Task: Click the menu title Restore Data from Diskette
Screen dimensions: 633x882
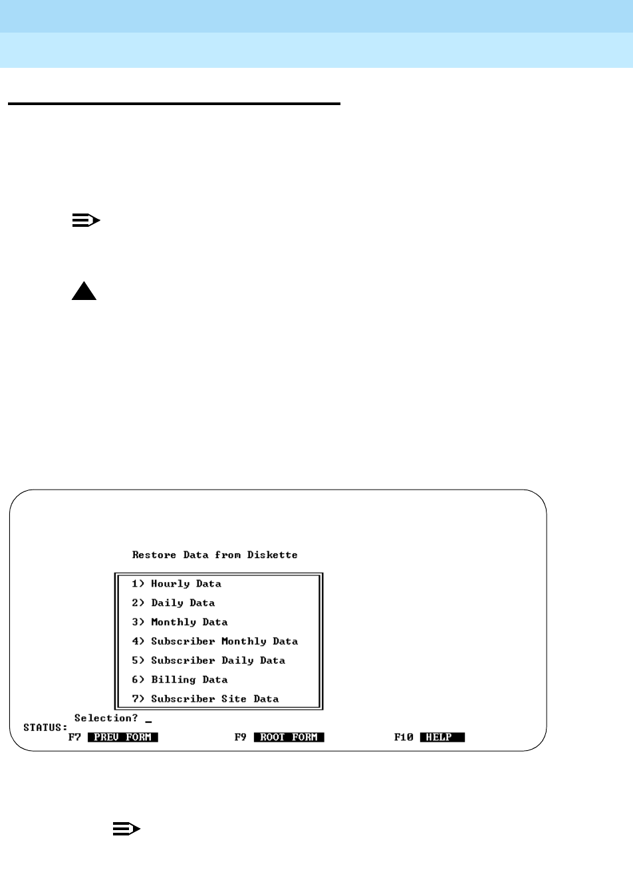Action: pyautogui.click(x=215, y=555)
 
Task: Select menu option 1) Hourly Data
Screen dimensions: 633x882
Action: pyautogui.click(x=176, y=584)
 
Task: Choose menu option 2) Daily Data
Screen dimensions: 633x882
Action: pyautogui.click(x=173, y=603)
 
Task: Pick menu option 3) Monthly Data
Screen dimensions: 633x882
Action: pyautogui.click(x=180, y=623)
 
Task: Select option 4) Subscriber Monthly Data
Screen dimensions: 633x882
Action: pyautogui.click(x=215, y=642)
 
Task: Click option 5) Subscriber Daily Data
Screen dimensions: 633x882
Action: pyautogui.click(x=208, y=661)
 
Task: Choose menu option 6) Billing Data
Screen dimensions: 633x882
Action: pyautogui.click(x=180, y=680)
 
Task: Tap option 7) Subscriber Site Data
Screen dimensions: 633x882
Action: pyautogui.click(x=205, y=699)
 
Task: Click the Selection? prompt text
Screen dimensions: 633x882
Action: pyautogui.click(x=106, y=718)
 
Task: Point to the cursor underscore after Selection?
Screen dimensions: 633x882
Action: pyautogui.click(x=148, y=721)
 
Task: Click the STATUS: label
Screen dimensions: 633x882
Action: pyautogui.click(x=45, y=728)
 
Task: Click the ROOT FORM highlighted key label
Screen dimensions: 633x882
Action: pyautogui.click(x=289, y=738)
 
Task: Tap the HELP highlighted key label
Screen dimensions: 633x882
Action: pyautogui.click(x=442, y=738)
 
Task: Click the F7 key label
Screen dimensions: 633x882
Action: pyautogui.click(x=74, y=738)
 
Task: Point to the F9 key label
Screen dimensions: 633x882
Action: pyautogui.click(x=241, y=738)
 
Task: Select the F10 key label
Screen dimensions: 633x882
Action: pyautogui.click(x=404, y=738)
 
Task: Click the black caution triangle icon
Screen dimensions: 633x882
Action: pyautogui.click(x=84, y=291)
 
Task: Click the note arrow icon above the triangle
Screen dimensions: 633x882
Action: pyautogui.click(x=86, y=220)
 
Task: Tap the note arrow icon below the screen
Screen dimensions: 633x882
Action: pyautogui.click(x=126, y=829)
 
